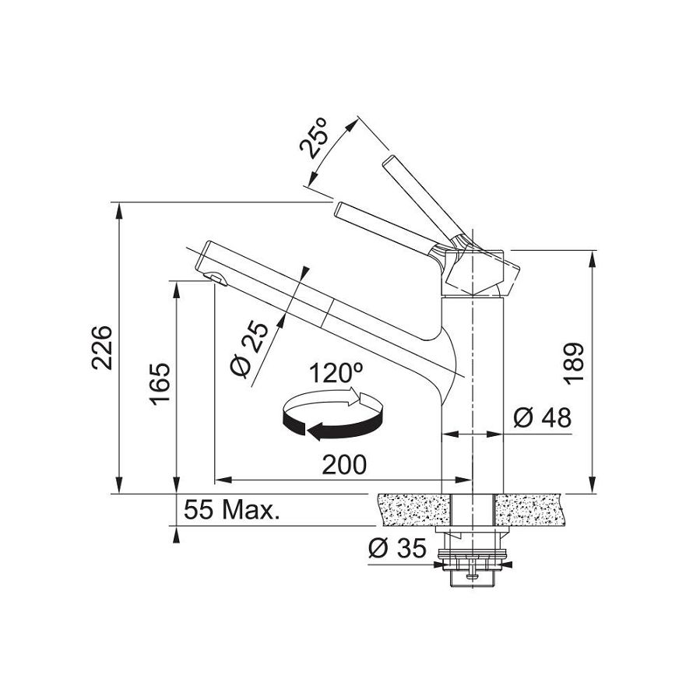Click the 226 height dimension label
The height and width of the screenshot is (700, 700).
(101, 347)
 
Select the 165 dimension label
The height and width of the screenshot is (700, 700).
(160, 384)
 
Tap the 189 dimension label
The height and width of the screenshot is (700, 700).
(573, 364)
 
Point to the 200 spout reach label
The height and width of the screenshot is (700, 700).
(343, 465)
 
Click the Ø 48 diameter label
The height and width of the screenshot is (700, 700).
(542, 418)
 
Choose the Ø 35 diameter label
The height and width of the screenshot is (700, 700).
(397, 547)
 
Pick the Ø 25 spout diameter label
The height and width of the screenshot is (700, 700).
(249, 349)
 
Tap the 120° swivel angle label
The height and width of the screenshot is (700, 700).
(336, 373)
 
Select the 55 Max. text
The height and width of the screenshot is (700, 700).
(231, 510)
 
